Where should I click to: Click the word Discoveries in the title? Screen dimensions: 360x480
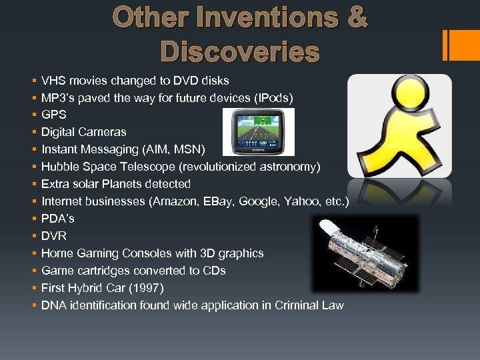pyautogui.click(x=239, y=51)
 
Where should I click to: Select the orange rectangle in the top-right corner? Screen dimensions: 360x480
pyautogui.click(x=461, y=45)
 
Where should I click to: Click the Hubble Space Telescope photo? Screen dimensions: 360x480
pyautogui.click(x=365, y=253)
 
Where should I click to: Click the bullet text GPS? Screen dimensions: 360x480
pyautogui.click(x=53, y=115)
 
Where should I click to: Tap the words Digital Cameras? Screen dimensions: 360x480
pyautogui.click(x=83, y=133)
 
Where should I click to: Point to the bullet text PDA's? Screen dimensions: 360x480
pyautogui.click(x=57, y=219)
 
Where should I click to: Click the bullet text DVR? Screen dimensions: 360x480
pyautogui.click(x=54, y=236)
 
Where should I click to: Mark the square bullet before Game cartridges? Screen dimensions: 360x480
pyautogui.click(x=33, y=271)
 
